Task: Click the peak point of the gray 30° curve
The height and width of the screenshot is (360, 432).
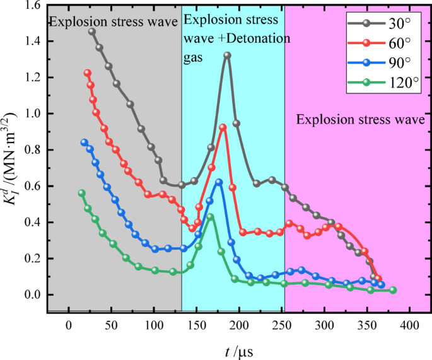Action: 227,55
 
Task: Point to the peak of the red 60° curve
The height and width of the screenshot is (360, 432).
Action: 223,127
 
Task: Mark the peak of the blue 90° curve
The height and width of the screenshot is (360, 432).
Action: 219,182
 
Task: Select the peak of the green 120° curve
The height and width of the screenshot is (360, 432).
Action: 211,217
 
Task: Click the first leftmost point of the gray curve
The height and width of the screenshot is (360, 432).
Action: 92,32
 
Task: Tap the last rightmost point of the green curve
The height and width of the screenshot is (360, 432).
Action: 393,290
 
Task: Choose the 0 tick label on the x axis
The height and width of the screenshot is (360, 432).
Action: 69,326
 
